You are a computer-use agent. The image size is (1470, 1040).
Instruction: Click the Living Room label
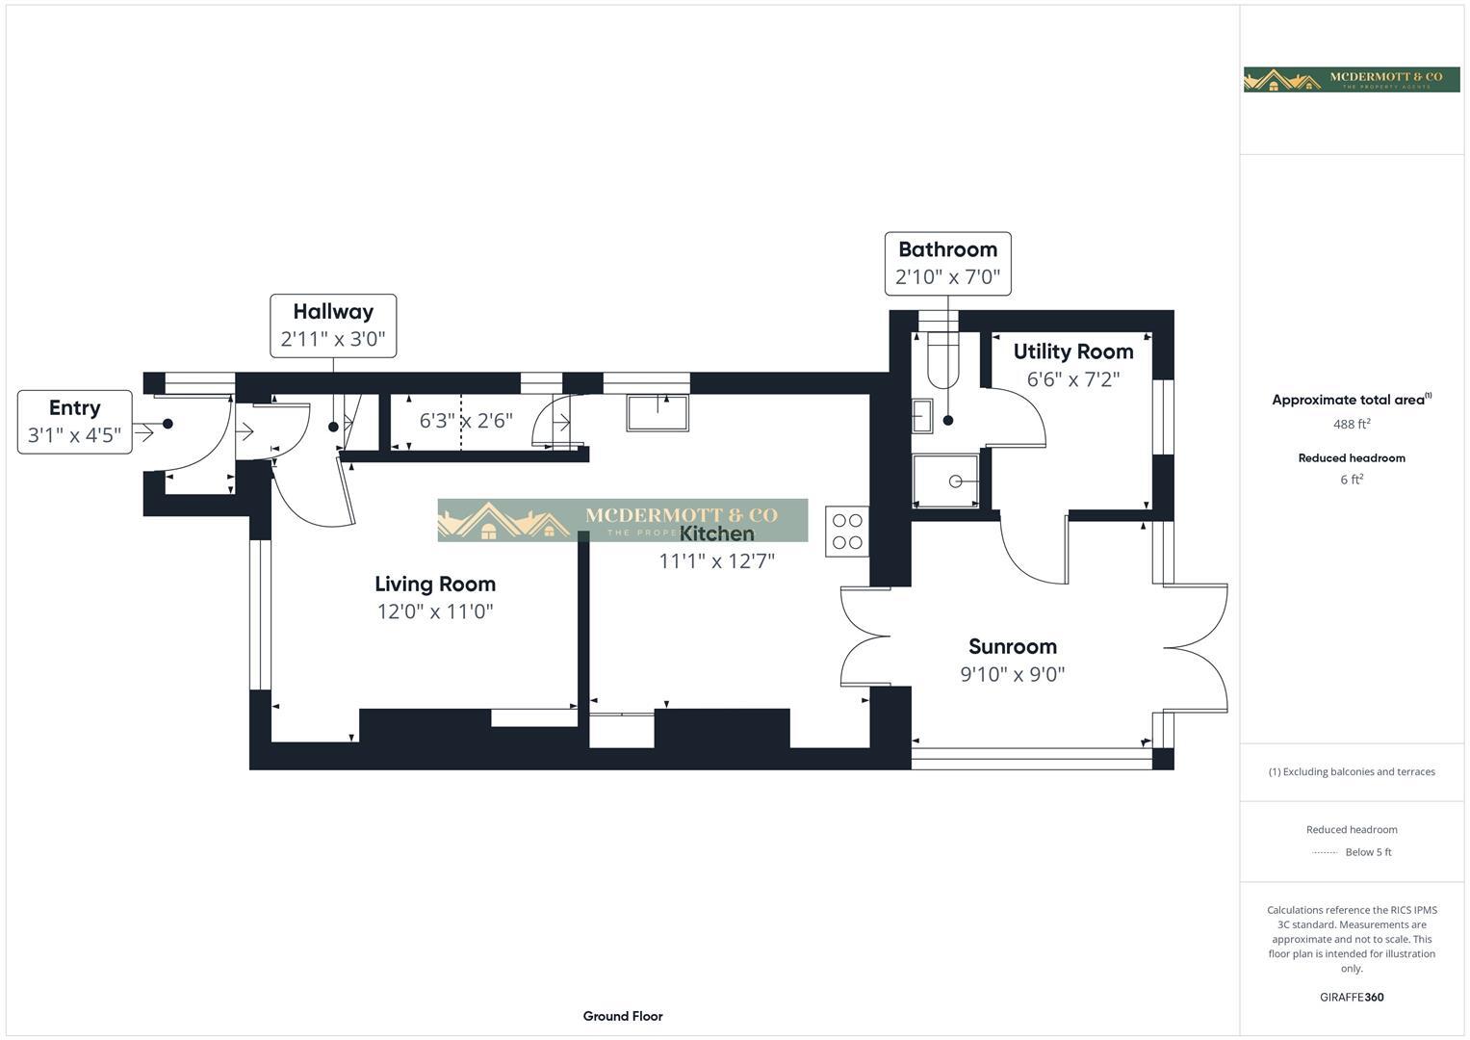435,584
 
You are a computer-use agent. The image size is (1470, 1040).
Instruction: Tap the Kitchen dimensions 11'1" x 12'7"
716,561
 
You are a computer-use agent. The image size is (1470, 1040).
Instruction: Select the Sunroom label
1012,646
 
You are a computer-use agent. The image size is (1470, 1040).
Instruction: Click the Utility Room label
1072,351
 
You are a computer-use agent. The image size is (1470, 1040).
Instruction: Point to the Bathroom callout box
947,263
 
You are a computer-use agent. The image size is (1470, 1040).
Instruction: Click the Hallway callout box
333,325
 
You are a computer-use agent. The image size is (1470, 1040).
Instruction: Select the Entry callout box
75,422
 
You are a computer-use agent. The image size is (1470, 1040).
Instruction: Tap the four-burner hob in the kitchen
847,532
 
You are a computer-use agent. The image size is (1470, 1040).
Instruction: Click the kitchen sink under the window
658,413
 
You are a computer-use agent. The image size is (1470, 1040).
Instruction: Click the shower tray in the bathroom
945,481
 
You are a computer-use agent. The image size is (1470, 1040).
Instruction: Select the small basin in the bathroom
921,416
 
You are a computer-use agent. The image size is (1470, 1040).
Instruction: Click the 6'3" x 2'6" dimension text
466,421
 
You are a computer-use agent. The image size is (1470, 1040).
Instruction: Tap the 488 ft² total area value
1351,424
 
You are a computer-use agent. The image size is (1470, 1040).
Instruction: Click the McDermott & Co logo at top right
1351,79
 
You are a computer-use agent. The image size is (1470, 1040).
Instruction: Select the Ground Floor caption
623,1016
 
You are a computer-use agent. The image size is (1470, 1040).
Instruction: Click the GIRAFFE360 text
1351,997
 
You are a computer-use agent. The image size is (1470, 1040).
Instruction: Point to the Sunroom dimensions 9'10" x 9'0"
1012,674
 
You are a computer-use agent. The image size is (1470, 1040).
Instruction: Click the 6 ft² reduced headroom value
1351,480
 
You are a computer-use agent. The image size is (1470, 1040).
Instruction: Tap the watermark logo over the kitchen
622,520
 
